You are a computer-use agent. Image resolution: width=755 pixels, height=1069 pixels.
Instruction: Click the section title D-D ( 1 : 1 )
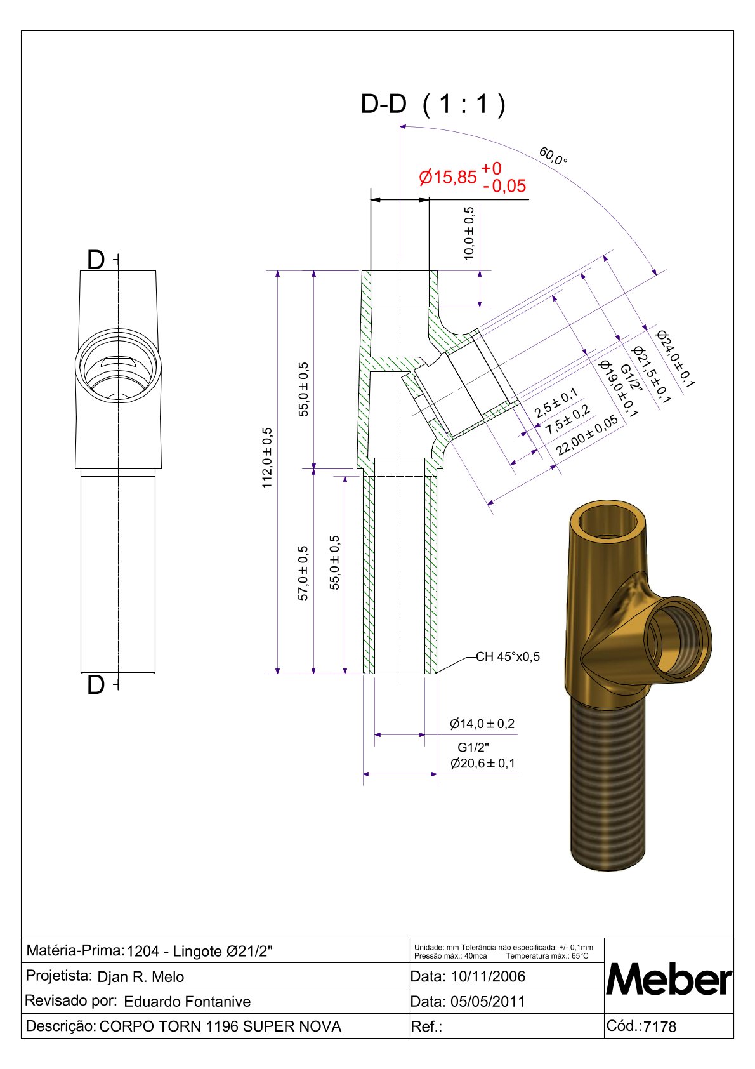pos(433,104)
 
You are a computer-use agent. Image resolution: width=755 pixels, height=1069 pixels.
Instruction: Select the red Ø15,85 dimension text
pos(447,177)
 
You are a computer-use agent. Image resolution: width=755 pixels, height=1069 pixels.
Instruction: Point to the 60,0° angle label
pos(553,156)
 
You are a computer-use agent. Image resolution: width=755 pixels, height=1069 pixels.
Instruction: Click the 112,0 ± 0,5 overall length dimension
pos(267,457)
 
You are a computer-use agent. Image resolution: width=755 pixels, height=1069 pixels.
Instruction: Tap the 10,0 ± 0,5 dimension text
pos(469,234)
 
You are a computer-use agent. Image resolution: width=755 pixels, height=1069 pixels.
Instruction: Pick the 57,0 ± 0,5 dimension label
pos(303,573)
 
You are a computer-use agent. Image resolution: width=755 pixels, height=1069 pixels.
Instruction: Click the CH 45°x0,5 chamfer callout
pos(508,656)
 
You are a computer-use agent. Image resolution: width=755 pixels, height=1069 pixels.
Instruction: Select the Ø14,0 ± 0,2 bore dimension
pos(482,724)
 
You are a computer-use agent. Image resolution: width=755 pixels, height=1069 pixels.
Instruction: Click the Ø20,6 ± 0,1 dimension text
pos(483,763)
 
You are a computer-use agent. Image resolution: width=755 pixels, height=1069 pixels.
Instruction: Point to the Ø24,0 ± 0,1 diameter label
pos(675,359)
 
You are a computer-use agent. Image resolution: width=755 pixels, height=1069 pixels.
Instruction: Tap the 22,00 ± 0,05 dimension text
pos(587,435)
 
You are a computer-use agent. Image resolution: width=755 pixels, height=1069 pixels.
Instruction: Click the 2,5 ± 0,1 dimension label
pos(556,402)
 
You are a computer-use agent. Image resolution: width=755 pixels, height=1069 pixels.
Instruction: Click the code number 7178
pos(660,1026)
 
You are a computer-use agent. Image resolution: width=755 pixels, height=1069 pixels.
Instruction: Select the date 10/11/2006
pos(488,976)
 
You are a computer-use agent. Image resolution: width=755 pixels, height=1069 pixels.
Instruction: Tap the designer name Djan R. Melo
pos(140,977)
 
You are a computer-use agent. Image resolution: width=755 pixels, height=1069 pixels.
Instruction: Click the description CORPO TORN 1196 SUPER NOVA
pos(220,1026)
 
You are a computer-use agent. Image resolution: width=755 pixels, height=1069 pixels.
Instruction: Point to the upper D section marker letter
pos(96,260)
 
